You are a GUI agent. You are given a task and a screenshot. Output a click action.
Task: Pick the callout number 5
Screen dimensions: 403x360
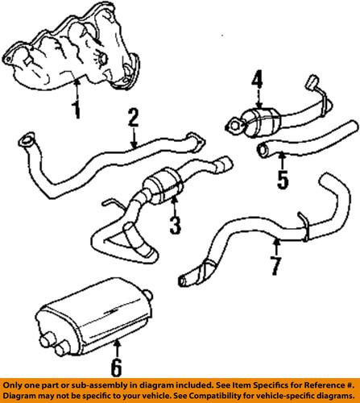281,177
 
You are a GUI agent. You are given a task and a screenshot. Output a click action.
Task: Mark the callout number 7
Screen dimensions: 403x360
275,265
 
